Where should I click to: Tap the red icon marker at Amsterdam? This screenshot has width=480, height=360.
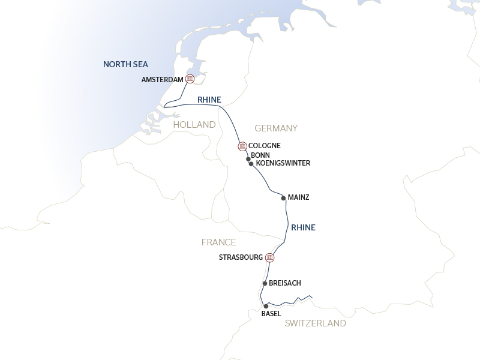tap(190, 79)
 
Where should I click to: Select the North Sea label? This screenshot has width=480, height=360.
tap(125, 64)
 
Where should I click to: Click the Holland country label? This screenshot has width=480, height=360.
tap(194, 125)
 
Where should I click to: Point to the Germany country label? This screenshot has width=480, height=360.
tap(276, 128)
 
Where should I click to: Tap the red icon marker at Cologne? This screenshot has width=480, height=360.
tap(242, 146)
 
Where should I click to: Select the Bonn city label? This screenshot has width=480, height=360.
tap(260, 155)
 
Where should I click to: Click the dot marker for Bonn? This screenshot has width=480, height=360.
tap(248, 159)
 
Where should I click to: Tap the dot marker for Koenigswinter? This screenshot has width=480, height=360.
tap(251, 163)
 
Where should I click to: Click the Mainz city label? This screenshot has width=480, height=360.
tap(298, 197)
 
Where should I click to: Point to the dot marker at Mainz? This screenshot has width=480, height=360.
tap(283, 197)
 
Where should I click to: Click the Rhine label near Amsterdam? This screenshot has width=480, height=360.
tap(209, 100)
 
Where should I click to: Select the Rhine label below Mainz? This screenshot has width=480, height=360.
tap(303, 227)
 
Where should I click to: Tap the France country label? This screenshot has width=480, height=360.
tap(218, 242)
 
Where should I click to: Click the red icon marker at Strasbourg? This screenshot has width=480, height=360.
tap(270, 257)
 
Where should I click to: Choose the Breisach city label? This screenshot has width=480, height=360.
tap(285, 283)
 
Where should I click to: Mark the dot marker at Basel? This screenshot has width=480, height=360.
tap(266, 306)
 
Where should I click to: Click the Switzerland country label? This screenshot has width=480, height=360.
tap(315, 323)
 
